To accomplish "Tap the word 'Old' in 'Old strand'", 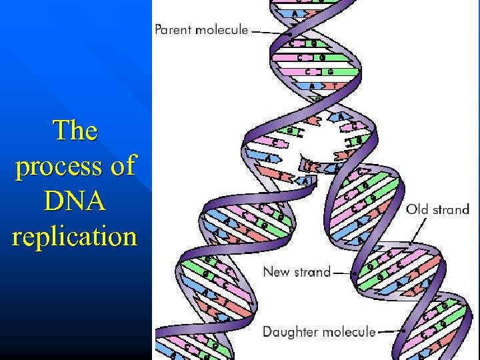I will pos(418,209).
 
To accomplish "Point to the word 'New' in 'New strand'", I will pos(277,271).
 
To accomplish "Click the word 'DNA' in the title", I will pos(75,201).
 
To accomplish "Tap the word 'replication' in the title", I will pos(75,237).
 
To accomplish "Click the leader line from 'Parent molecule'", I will pos(270,31).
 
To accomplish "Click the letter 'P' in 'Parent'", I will pos(159,29).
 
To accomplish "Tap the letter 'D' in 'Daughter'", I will pos(267,331).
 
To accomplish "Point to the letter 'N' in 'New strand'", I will pos(268,271).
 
